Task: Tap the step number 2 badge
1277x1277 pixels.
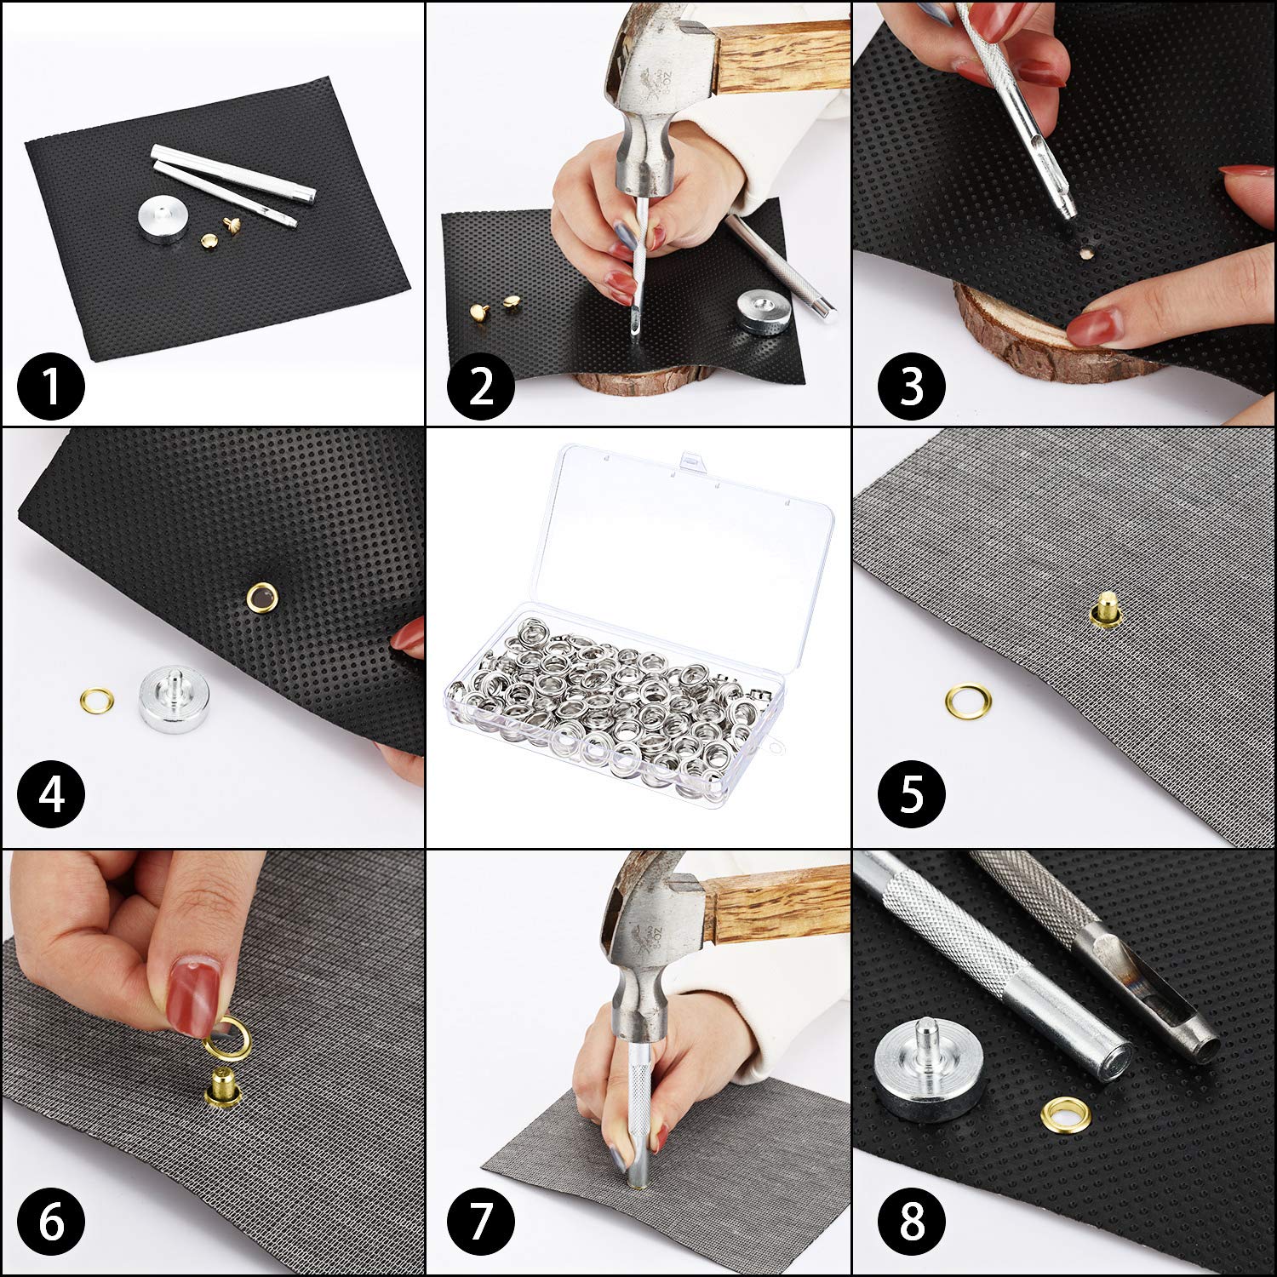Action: pyautogui.click(x=481, y=387)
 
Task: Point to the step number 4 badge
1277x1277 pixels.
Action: pyautogui.click(x=52, y=796)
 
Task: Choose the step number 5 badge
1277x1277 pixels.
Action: pyautogui.click(x=911, y=795)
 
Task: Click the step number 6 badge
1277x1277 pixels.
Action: pyautogui.click(x=51, y=1223)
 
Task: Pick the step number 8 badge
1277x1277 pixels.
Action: pyautogui.click(x=911, y=1223)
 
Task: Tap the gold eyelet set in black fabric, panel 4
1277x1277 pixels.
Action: pyautogui.click(x=259, y=598)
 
